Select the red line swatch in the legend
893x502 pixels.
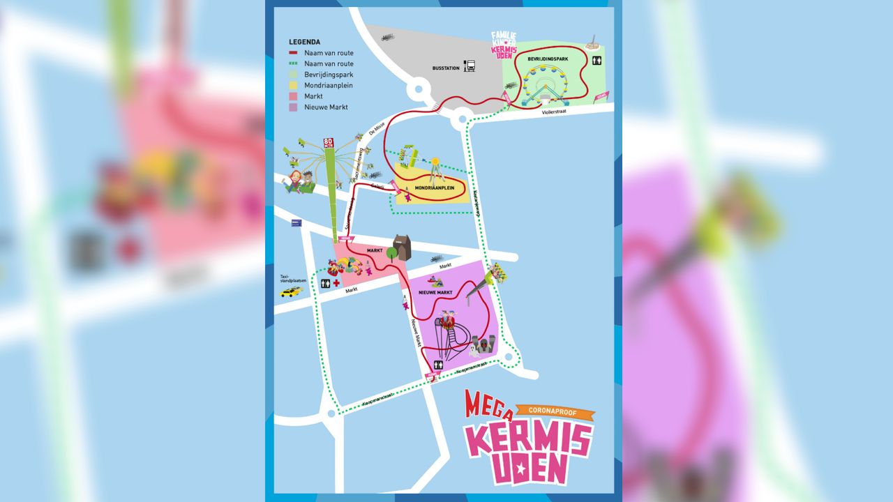(x=294, y=53)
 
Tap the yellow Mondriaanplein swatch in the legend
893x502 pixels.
(x=294, y=86)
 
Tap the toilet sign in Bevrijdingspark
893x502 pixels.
(x=597, y=61)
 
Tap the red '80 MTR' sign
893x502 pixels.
(x=328, y=143)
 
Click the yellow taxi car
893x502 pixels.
(x=290, y=291)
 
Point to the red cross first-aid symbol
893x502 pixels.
(x=336, y=283)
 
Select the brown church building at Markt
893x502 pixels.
(x=403, y=248)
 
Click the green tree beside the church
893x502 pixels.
(x=391, y=253)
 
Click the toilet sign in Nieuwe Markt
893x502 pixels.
(x=438, y=364)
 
